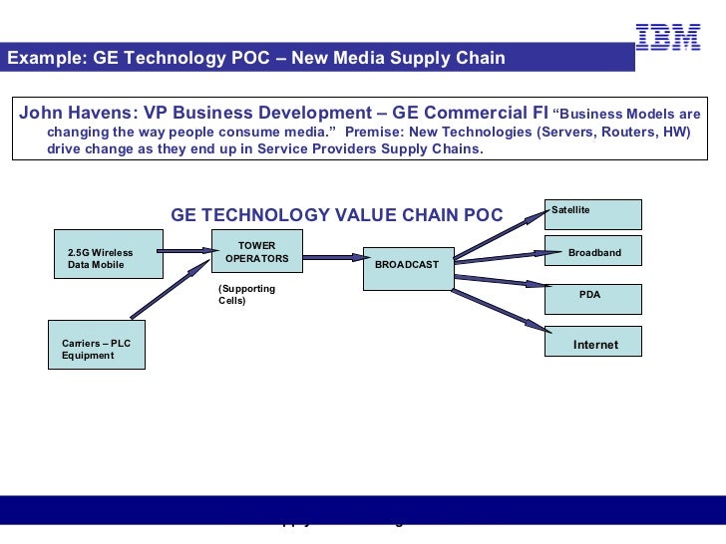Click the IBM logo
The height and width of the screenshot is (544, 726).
click(667, 37)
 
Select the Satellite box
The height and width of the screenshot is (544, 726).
click(592, 214)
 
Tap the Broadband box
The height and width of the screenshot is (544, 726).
click(592, 251)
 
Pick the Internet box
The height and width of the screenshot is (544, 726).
click(592, 342)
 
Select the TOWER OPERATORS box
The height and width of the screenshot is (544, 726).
click(256, 253)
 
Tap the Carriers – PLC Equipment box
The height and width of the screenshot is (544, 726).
click(97, 345)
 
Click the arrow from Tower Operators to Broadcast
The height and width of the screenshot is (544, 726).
click(332, 257)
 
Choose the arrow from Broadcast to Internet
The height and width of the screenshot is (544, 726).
click(499, 310)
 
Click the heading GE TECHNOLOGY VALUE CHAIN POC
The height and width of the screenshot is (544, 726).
click(337, 215)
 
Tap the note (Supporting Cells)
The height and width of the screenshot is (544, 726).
click(246, 294)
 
